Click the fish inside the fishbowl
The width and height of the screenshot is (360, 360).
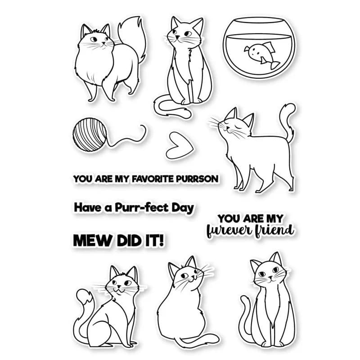coord(262,54)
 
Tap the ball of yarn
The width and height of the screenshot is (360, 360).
coord(90,135)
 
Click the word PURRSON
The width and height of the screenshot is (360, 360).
coord(197,179)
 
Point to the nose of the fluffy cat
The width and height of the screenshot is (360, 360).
coord(103,43)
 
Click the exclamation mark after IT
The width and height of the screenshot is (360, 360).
coord(162,241)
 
